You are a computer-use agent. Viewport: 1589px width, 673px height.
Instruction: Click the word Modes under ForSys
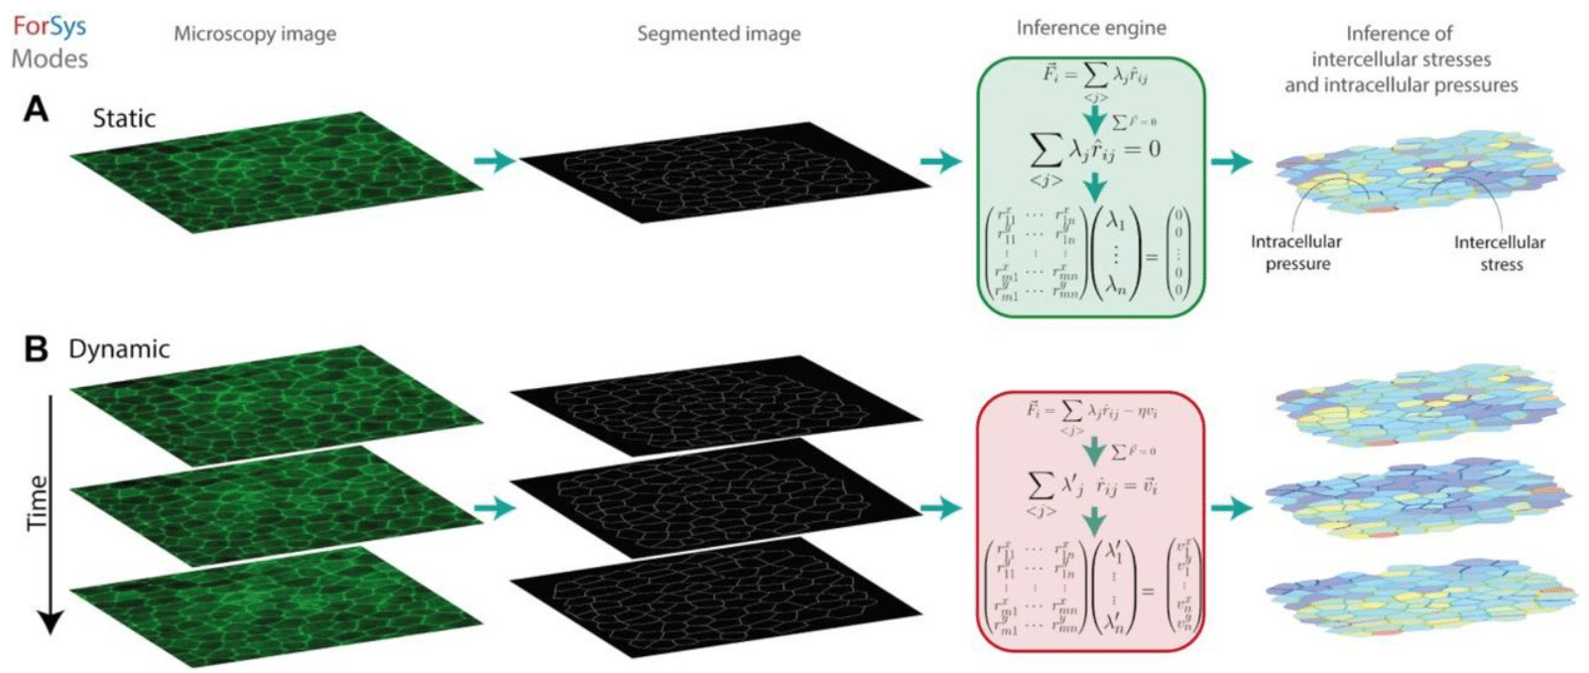(50, 59)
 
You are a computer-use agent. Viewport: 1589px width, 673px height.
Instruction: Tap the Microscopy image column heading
(255, 34)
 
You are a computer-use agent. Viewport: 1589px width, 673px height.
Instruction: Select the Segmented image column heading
(718, 34)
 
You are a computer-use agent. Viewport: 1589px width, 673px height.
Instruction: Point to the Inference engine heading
(1091, 28)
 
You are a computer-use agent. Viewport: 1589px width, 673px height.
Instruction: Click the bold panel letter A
(36, 109)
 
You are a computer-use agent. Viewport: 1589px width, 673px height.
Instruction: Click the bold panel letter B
(36, 349)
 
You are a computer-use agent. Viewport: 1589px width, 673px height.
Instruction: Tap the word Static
(124, 118)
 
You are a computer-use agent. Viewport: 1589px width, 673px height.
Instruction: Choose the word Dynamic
(119, 349)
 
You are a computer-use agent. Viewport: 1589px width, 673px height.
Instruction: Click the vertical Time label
(38, 502)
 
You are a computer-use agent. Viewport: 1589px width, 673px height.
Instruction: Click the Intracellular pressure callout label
(1296, 252)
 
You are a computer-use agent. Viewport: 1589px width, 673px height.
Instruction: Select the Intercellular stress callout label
(1500, 253)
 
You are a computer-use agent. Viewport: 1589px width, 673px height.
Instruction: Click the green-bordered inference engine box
(1091, 187)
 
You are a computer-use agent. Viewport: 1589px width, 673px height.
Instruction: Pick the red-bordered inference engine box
(1091, 521)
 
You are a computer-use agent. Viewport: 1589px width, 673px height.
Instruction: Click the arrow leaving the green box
(1231, 161)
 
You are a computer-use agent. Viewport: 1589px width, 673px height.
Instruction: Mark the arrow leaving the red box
(1231, 508)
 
